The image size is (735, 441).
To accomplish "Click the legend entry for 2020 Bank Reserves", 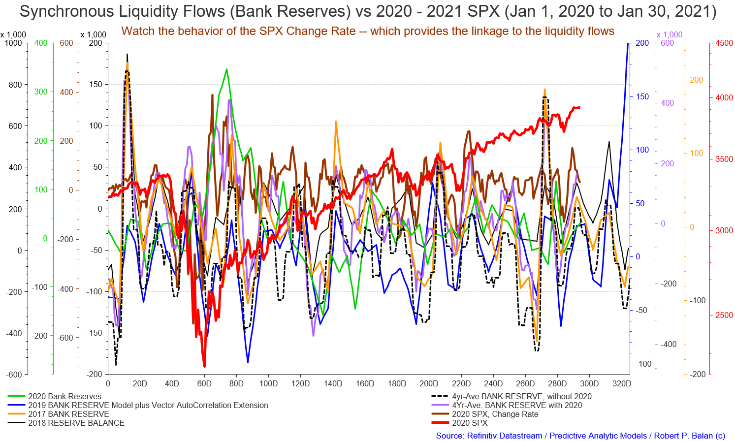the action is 64,396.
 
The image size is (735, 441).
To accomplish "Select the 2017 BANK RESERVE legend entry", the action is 68,414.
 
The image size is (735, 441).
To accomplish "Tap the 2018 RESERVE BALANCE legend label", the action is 76,423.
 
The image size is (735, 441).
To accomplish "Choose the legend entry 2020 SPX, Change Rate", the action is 495,414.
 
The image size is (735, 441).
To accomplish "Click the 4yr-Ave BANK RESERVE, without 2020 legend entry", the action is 522,396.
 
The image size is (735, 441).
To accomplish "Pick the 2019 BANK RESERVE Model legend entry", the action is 148,405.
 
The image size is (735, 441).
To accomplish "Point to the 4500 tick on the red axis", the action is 724,43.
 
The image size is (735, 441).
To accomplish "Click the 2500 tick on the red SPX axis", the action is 724,315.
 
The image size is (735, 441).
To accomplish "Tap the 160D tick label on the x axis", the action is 365,383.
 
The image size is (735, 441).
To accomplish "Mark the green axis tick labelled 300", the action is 41,92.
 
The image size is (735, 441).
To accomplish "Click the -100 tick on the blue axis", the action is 643,364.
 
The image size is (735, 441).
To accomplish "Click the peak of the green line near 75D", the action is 226,69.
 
